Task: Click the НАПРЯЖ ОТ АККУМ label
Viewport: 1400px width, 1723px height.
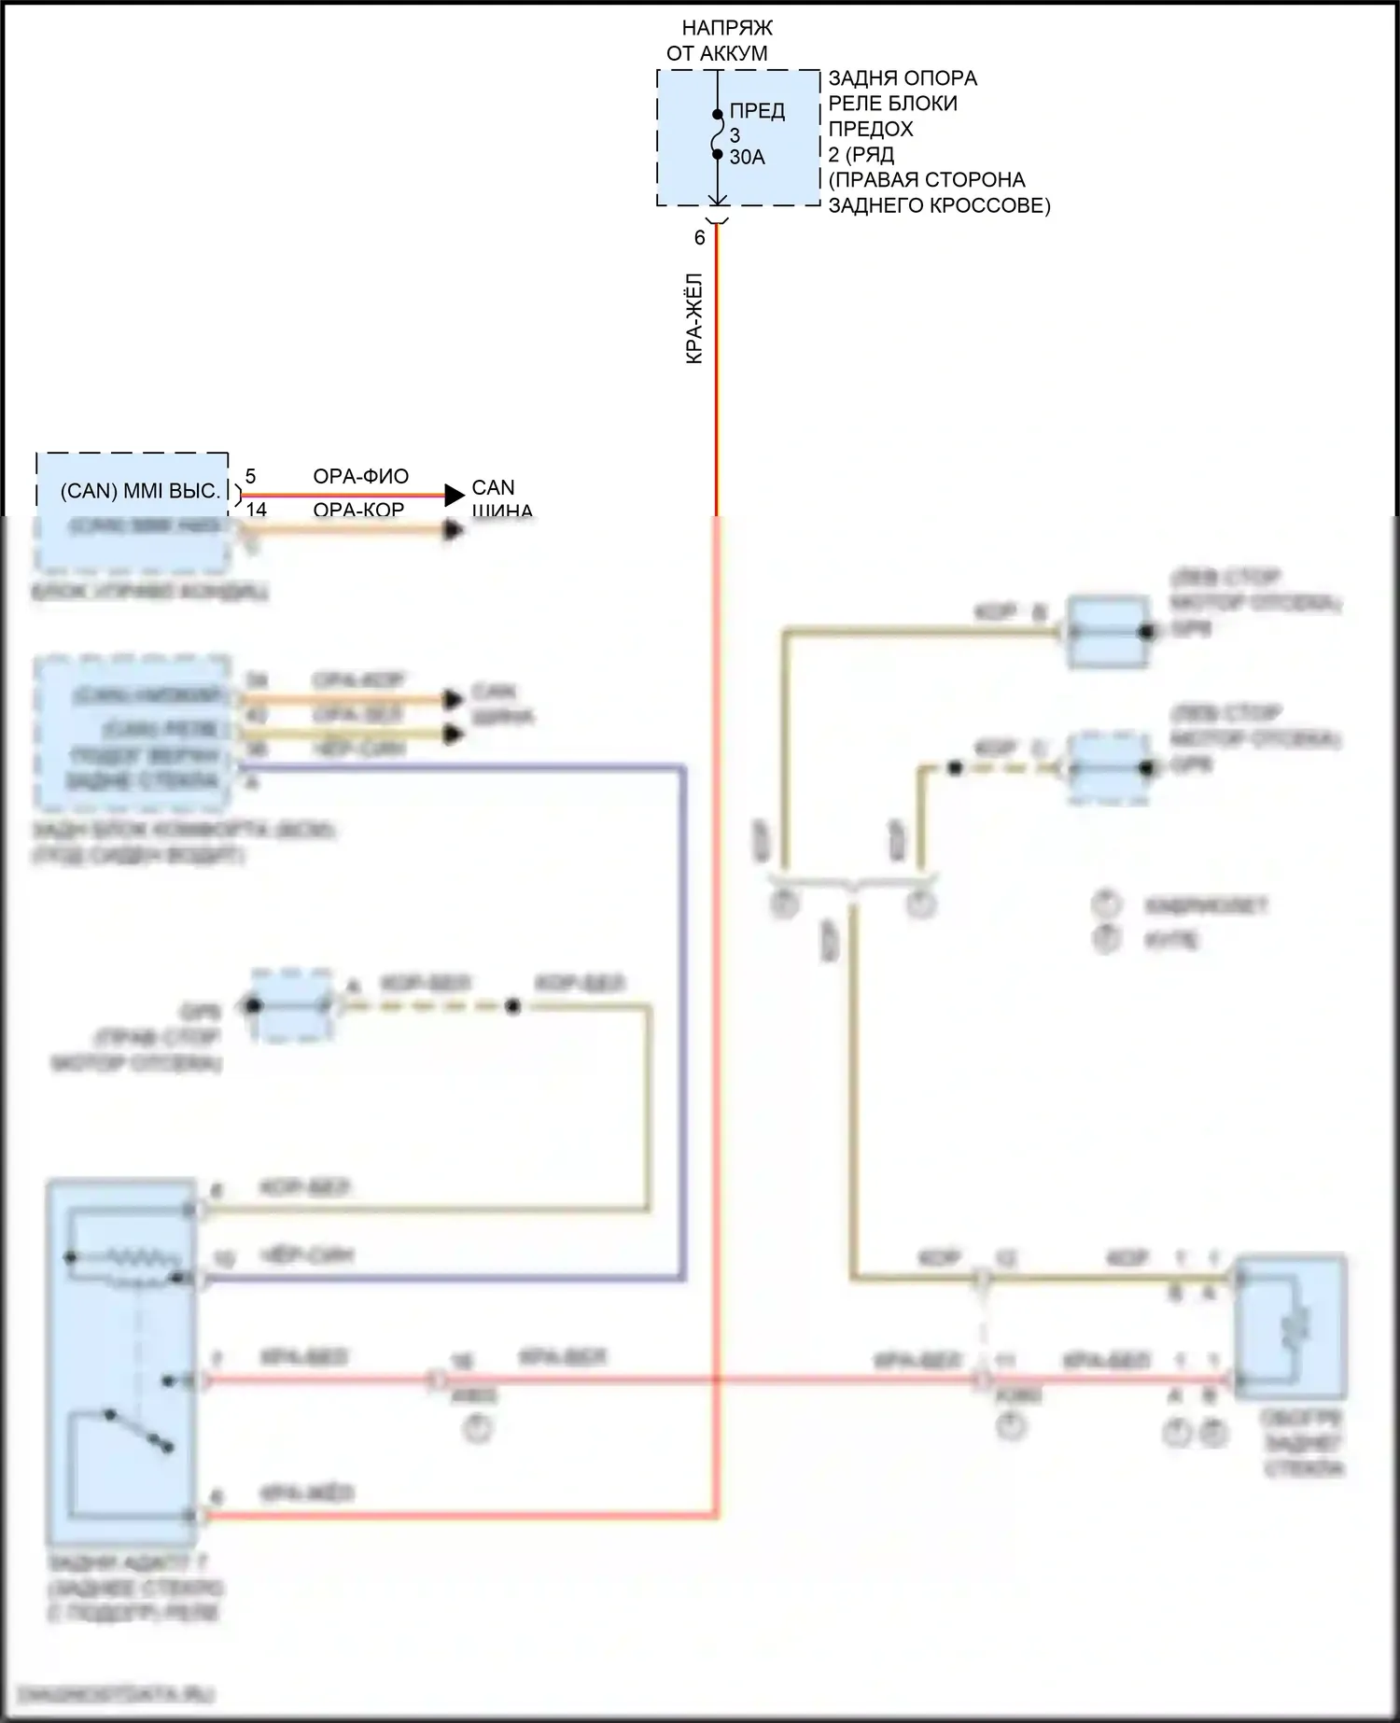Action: (720, 41)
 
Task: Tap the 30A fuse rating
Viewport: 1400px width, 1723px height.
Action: (747, 158)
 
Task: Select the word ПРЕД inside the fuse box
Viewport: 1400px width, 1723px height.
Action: (757, 111)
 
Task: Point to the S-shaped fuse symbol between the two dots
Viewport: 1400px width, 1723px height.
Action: (717, 134)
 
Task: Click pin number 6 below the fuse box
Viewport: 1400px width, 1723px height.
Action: (699, 238)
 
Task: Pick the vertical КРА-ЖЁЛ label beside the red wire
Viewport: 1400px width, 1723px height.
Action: (694, 318)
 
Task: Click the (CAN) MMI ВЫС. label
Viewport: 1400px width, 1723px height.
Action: (140, 491)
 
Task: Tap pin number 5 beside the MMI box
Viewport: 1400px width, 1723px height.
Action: (250, 477)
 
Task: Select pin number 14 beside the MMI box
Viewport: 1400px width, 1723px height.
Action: (256, 509)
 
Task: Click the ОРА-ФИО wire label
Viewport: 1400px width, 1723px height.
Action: (360, 477)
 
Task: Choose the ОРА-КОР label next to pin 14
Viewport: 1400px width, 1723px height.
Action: (358, 509)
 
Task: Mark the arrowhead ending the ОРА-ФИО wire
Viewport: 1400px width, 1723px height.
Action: (455, 495)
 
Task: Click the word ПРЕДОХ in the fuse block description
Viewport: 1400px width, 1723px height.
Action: (870, 129)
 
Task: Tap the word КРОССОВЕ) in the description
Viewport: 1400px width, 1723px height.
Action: (991, 205)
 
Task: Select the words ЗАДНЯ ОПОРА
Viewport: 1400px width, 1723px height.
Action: (903, 78)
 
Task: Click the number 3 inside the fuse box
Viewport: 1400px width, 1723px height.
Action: (735, 135)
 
